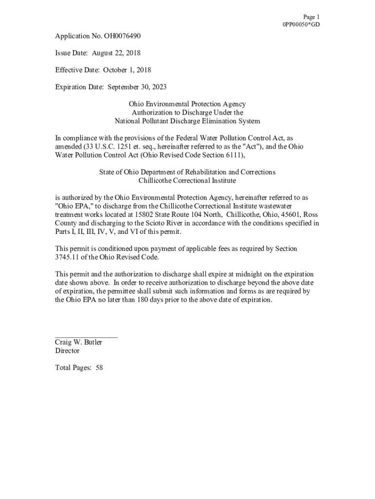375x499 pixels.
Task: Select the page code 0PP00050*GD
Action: [x=301, y=25]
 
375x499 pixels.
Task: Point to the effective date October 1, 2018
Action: [x=127, y=70]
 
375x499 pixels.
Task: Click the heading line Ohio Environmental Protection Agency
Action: [x=187, y=104]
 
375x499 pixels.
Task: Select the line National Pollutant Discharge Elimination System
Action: [x=187, y=121]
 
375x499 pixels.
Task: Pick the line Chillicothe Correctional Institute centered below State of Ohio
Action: [x=187, y=181]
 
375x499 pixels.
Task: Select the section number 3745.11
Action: [x=66, y=257]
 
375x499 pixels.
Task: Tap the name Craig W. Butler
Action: [x=78, y=343]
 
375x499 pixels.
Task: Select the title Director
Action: [x=67, y=351]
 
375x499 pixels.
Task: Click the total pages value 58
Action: [x=99, y=368]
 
